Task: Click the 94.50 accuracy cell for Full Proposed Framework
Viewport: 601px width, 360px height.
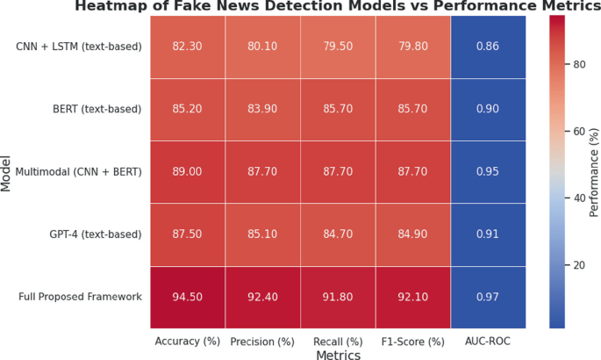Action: click(x=187, y=297)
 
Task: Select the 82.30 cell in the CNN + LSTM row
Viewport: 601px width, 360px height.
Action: click(x=187, y=46)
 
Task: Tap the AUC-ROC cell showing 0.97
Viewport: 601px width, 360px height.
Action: click(x=487, y=297)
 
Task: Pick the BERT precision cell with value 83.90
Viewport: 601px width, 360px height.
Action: click(x=262, y=109)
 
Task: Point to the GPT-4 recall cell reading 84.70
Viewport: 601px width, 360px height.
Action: click(x=338, y=234)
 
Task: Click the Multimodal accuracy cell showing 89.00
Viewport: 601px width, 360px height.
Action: click(x=187, y=171)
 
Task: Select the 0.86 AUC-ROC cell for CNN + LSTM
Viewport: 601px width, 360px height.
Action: click(x=487, y=46)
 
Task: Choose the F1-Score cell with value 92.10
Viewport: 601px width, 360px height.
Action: click(x=412, y=297)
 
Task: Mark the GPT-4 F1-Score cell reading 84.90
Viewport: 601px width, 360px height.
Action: click(x=412, y=234)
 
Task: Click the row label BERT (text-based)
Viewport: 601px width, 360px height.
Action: click(x=97, y=109)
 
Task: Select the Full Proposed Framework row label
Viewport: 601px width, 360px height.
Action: click(x=80, y=297)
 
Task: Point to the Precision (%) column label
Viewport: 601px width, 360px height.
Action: click(x=262, y=341)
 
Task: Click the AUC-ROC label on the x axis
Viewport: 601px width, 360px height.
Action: click(x=487, y=341)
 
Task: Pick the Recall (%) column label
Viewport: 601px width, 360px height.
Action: click(x=338, y=341)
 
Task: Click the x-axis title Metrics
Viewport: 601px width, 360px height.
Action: click(x=337, y=355)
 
